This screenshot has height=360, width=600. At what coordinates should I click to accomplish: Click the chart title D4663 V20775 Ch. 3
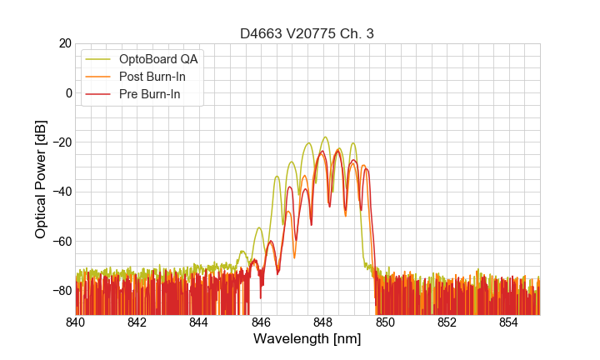pos(307,34)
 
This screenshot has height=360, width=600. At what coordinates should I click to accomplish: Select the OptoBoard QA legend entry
pos(158,59)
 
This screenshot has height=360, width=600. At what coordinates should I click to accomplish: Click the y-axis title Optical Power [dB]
pos(41,179)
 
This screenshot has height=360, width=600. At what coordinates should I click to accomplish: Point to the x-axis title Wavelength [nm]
pos(307,339)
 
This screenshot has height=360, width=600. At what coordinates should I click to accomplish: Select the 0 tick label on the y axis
pos(68,92)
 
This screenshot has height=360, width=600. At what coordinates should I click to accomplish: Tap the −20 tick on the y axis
pos(61,142)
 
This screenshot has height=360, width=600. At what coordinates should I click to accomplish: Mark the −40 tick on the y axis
pos(61,192)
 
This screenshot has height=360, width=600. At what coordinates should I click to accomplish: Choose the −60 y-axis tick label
pos(61,241)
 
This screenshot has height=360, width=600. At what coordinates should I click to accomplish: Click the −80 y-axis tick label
pos(61,291)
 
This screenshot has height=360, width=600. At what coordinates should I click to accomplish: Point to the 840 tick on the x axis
pos(75,322)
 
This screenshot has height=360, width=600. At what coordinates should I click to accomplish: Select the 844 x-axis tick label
pos(199,322)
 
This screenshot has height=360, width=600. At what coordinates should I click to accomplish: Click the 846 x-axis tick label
pos(261,322)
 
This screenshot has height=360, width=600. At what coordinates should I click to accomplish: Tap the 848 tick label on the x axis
pos(323,322)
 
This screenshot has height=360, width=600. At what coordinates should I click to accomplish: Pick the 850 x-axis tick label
pos(385,322)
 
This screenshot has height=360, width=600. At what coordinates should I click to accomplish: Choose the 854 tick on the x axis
pos(509,322)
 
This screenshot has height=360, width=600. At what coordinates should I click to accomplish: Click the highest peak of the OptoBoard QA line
pos(325,137)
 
